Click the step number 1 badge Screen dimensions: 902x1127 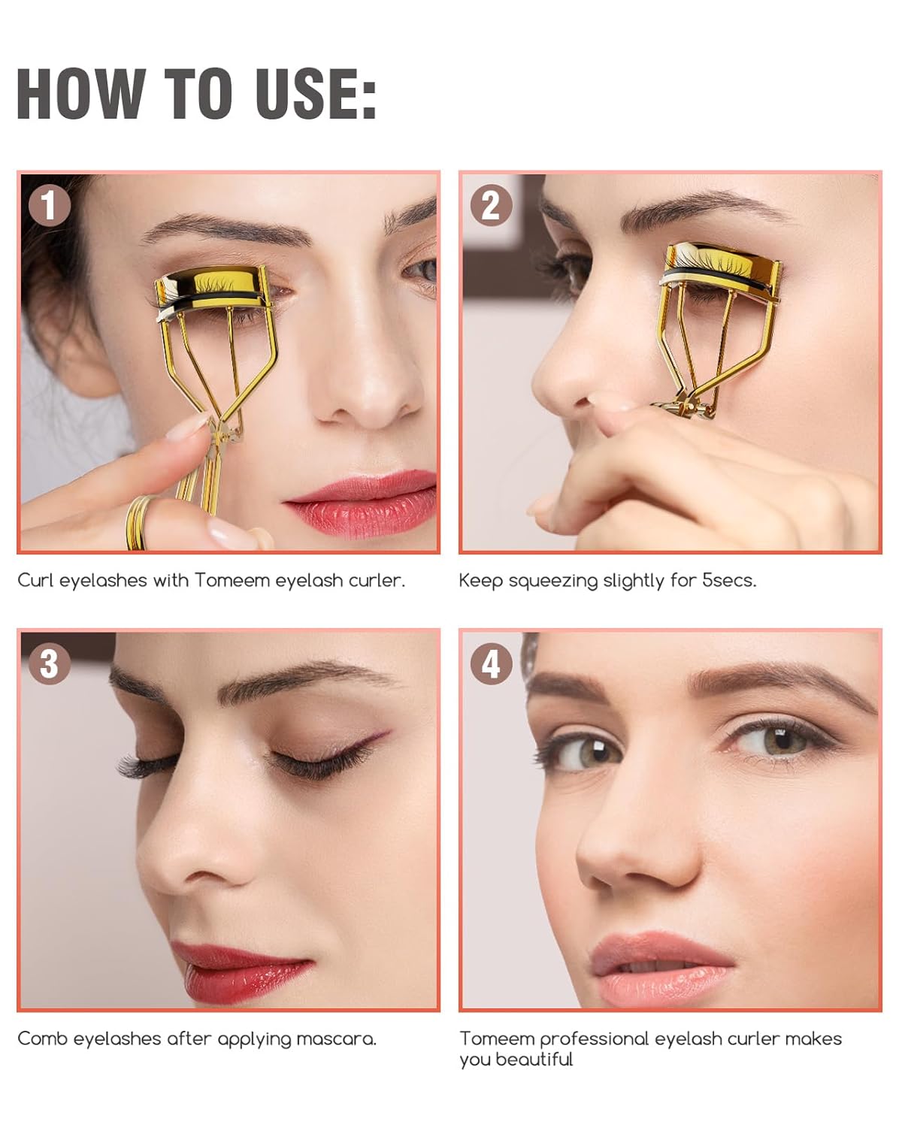point(50,205)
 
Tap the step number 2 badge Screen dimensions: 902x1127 point(491,205)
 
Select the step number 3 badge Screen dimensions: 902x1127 point(50,663)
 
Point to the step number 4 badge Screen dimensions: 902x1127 point(491,663)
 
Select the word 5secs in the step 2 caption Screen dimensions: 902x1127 point(730,580)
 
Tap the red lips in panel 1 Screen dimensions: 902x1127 point(362,504)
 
